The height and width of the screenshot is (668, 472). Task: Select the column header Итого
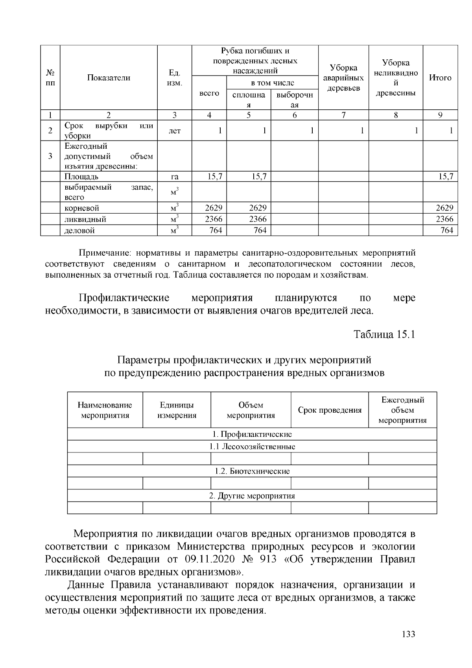tap(440, 78)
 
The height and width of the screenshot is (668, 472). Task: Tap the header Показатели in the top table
tap(109, 78)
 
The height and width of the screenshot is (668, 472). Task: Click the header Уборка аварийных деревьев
tap(343, 78)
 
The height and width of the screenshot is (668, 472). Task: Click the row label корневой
tap(82, 208)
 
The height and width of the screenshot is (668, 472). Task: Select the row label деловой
tap(79, 231)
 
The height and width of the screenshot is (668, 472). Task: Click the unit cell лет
tap(174, 131)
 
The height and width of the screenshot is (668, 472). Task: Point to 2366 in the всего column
tap(214, 219)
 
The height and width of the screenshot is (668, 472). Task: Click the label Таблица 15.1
tap(384, 334)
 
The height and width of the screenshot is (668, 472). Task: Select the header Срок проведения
tap(330, 410)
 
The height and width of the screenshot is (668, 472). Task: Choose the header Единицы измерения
tap(177, 410)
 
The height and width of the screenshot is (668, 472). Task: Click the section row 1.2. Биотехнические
tap(252, 471)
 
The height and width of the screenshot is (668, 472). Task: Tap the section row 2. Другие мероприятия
tap(252, 496)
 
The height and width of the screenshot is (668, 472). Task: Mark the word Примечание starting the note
tap(101, 253)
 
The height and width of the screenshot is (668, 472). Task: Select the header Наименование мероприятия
tap(105, 410)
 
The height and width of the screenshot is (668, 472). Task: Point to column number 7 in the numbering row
tap(343, 115)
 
